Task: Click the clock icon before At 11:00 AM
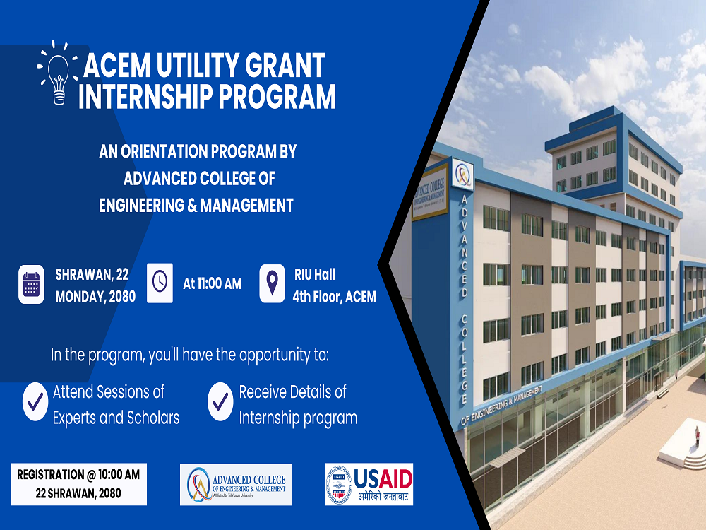[x=160, y=283]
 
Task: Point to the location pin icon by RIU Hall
[x=272, y=283]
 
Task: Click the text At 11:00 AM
[x=212, y=284]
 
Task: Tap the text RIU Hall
[x=314, y=274]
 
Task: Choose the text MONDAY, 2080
[x=95, y=297]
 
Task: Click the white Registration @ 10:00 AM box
[x=78, y=484]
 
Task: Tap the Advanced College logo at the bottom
[x=236, y=485]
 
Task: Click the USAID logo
[x=369, y=485]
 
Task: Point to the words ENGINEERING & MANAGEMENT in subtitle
[x=196, y=206]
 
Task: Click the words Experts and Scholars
[x=116, y=418]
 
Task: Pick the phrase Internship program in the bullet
[x=298, y=418]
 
